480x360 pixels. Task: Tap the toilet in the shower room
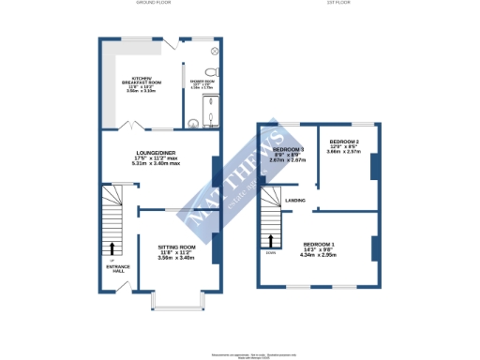pos(211,71)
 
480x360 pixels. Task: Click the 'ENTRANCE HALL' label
pos(116,270)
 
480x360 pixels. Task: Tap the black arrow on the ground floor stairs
pos(113,248)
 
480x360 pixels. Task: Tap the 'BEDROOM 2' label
pos(343,142)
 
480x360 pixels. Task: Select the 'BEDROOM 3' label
pos(288,150)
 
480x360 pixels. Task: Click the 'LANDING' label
pos(294,200)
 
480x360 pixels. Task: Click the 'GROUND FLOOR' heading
pos(152,4)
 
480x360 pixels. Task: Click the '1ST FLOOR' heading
pos(337,4)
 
